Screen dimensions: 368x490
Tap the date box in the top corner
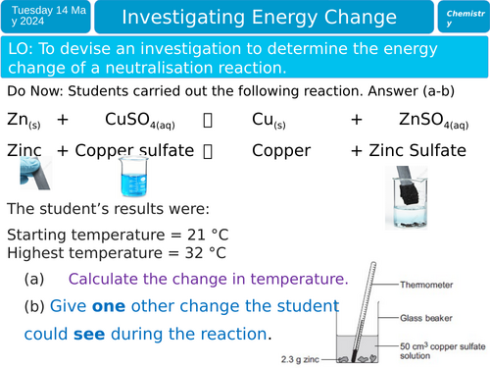coord(50,19)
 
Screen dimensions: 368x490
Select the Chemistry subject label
coord(464,19)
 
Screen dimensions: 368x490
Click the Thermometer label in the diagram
coord(431,283)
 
